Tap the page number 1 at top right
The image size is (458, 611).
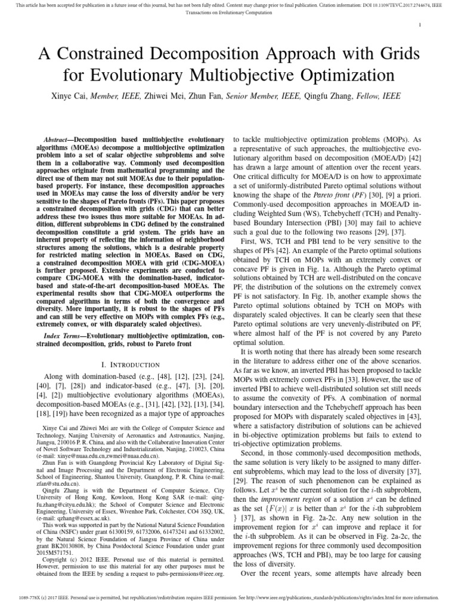coord(420,24)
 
